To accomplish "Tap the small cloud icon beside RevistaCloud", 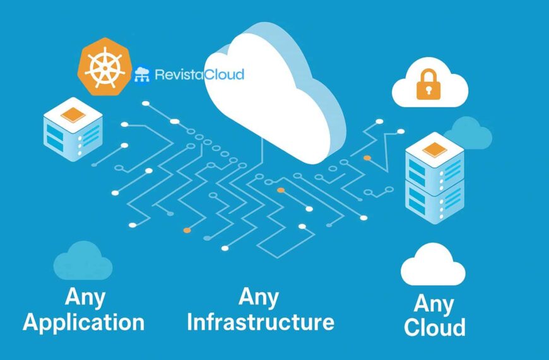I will pos(142,75).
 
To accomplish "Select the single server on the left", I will pos(73,129).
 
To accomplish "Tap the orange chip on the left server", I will pos(73,114).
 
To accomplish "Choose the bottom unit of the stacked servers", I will pos(434,201).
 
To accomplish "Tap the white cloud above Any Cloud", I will pos(433,265).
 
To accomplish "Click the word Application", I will pos(84,323).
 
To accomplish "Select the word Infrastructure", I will pos(261,322).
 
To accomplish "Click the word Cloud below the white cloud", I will pos(435,327).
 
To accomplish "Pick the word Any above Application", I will pos(85,297).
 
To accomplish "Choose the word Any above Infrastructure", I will pos(259,296).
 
